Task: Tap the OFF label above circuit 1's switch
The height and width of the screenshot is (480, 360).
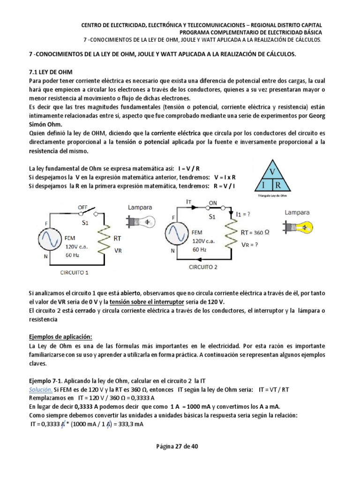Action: click(83, 207)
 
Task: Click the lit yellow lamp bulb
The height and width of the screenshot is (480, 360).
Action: click(303, 228)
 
